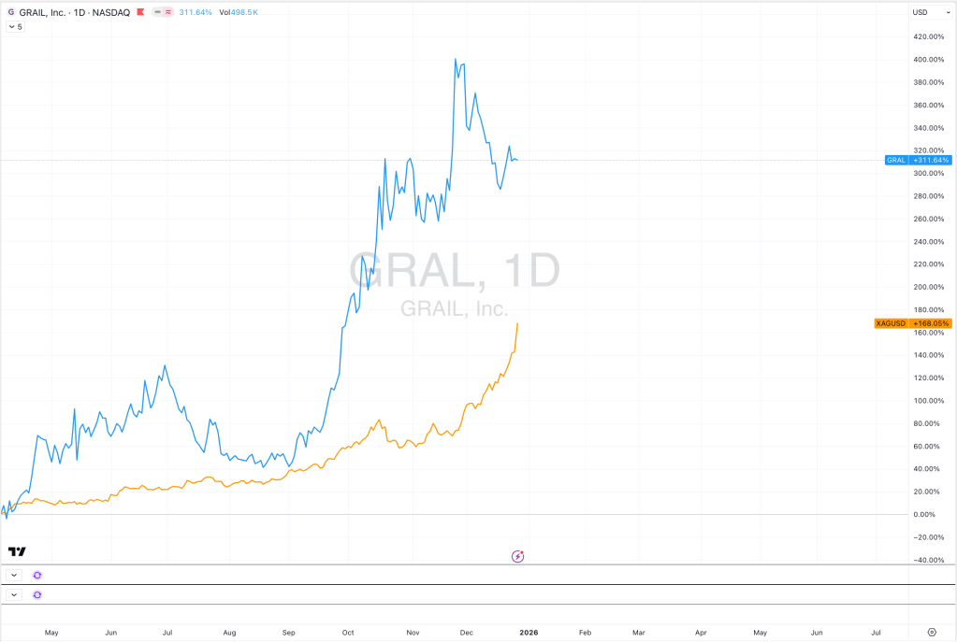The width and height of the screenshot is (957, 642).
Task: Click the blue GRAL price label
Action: click(x=918, y=160)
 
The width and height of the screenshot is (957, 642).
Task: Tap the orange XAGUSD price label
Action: click(x=912, y=323)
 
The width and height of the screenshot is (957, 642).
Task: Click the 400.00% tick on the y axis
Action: click(x=929, y=59)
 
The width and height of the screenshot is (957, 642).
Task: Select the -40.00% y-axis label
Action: click(x=929, y=561)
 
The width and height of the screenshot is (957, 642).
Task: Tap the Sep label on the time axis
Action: click(x=288, y=633)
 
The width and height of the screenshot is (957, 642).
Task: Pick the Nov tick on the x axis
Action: click(x=412, y=633)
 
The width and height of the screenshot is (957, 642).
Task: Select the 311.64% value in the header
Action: click(x=195, y=12)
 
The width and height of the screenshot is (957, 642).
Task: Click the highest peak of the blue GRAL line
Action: click(x=455, y=59)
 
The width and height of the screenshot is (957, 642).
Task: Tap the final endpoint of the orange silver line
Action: click(x=518, y=323)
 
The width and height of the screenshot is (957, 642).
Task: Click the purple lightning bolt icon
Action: click(x=518, y=556)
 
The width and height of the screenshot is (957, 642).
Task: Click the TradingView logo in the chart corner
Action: click(x=17, y=551)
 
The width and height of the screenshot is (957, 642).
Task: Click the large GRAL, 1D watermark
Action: click(x=455, y=270)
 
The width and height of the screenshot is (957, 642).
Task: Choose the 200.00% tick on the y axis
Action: click(x=929, y=287)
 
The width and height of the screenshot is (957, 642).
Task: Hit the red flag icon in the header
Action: click(x=153, y=12)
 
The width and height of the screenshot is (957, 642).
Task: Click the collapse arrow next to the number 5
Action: click(x=11, y=26)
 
